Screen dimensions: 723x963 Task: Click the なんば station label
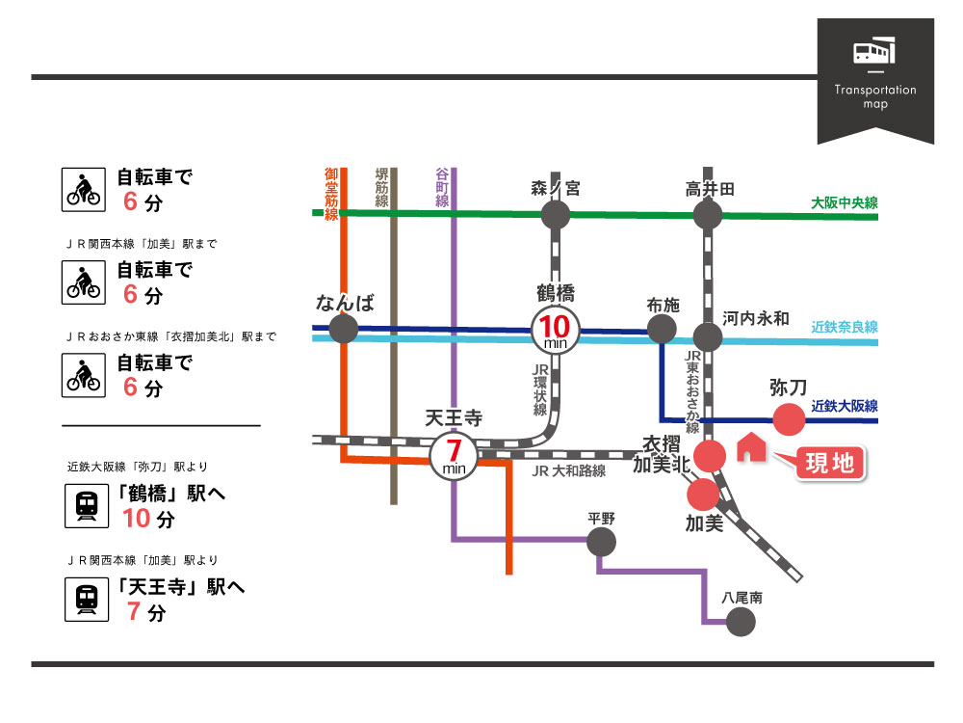coord(344,305)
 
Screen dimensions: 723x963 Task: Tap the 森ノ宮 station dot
coord(556,215)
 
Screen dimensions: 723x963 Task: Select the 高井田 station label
coord(710,189)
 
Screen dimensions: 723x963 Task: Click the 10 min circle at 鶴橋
coord(556,331)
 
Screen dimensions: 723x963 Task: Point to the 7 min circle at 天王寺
coord(452,453)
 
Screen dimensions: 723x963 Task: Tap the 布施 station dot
coord(662,330)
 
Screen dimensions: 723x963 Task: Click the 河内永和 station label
coord(756,318)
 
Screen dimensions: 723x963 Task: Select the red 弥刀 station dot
coord(790,420)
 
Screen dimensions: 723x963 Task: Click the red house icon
coord(749,448)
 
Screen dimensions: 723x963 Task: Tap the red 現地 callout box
coord(828,463)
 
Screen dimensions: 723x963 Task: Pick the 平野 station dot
coord(601,542)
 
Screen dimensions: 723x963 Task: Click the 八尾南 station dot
coord(741,622)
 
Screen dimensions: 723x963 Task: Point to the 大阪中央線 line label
coord(844,202)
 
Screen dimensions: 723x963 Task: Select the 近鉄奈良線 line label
coord(844,327)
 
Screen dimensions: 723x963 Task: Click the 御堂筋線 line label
coord(331,193)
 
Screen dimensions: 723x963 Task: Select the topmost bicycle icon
coord(83,188)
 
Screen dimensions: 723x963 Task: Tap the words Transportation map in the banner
coord(875,96)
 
